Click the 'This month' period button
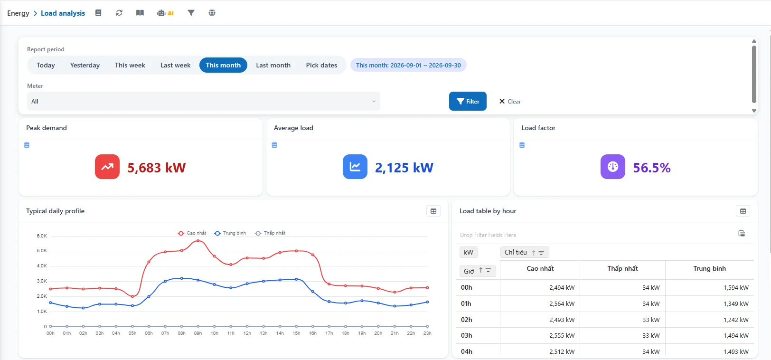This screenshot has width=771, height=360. pyautogui.click(x=223, y=65)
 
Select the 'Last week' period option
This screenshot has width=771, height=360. pyautogui.click(x=175, y=65)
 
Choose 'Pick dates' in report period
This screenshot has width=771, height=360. pyautogui.click(x=321, y=65)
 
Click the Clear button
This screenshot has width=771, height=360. pyautogui.click(x=510, y=102)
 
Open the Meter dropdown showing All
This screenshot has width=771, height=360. pyautogui.click(x=203, y=101)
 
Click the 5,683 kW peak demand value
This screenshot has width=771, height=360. pyautogui.click(x=157, y=168)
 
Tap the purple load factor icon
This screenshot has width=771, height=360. pyautogui.click(x=612, y=167)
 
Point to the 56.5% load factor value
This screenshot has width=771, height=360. pyautogui.click(x=652, y=168)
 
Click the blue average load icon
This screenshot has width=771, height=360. pyautogui.click(x=355, y=167)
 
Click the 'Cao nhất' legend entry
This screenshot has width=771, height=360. pyautogui.click(x=192, y=233)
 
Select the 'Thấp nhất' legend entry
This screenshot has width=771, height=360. pyautogui.click(x=270, y=233)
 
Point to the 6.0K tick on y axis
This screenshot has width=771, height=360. pyautogui.click(x=42, y=236)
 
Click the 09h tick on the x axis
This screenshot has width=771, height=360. pyautogui.click(x=198, y=333)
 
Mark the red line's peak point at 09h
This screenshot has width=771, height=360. pyautogui.click(x=198, y=241)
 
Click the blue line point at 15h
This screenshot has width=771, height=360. pyautogui.click(x=296, y=279)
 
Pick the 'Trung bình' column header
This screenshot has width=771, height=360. pyautogui.click(x=709, y=268)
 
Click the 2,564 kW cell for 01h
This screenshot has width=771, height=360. pyautogui.click(x=562, y=303)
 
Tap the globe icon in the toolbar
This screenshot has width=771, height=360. pyautogui.click(x=212, y=13)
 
